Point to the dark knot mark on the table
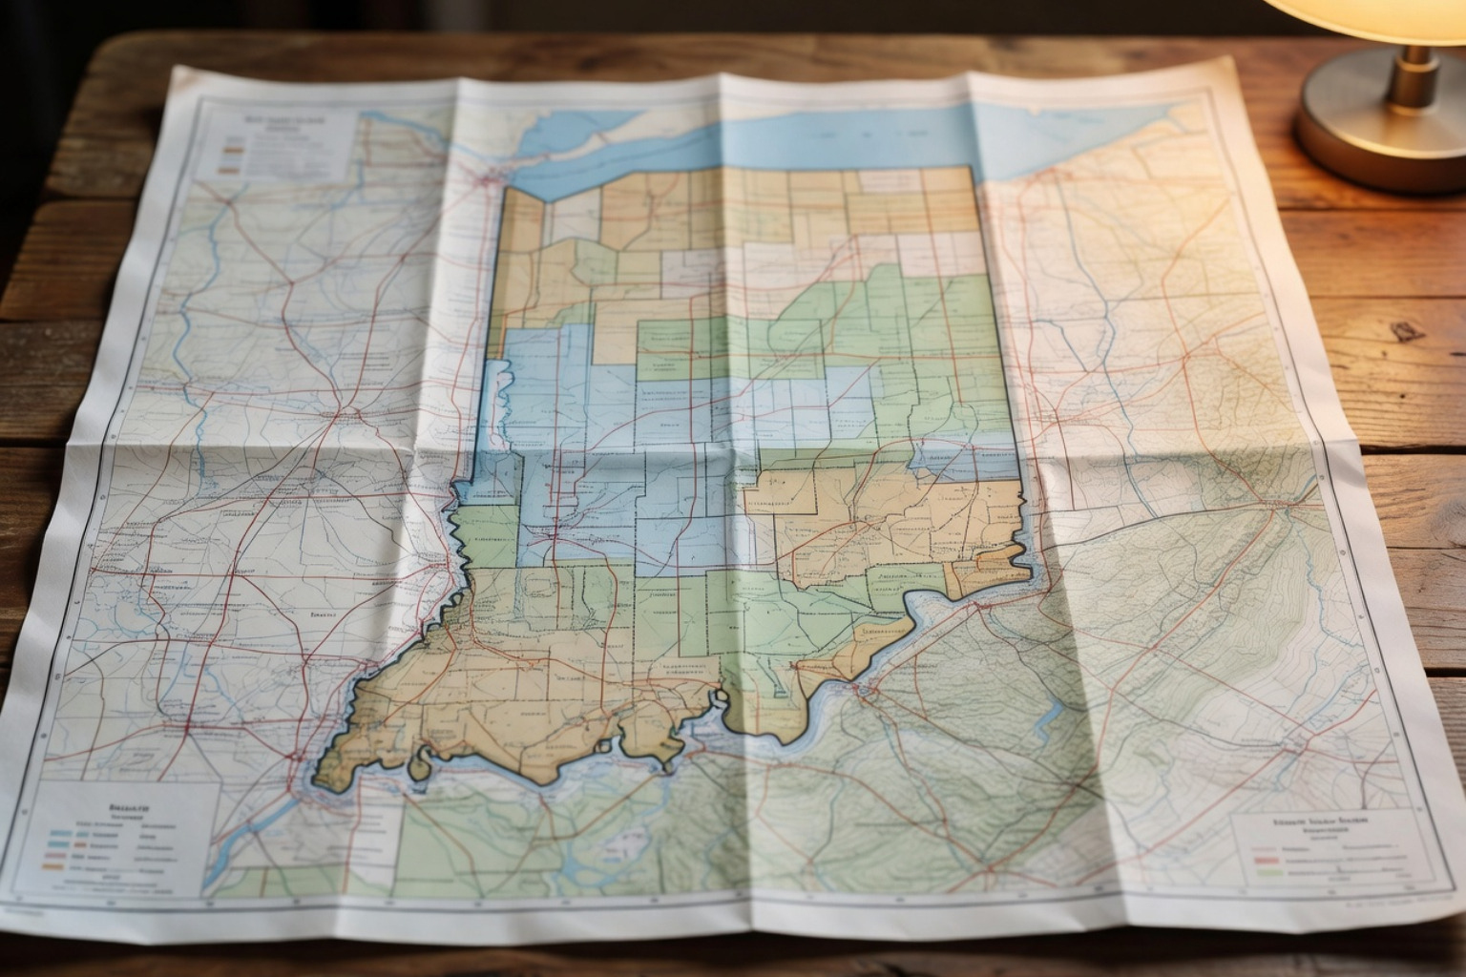tap(1406, 331)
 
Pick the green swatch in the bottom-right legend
tap(1269, 871)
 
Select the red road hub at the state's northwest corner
tap(490, 177)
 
